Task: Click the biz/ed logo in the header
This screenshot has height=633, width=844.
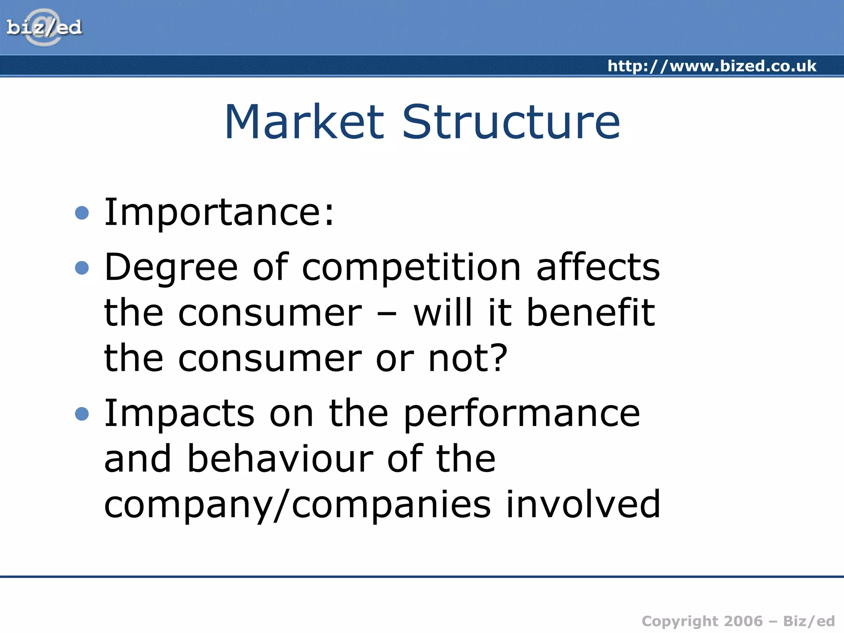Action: (44, 28)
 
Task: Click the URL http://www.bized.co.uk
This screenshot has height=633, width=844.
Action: (712, 66)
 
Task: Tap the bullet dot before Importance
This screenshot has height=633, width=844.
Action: (82, 213)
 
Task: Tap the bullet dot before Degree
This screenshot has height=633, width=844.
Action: (82, 268)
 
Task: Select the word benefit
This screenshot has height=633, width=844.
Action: (591, 312)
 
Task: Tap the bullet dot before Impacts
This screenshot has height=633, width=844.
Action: (82, 414)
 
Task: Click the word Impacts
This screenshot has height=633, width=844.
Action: (179, 414)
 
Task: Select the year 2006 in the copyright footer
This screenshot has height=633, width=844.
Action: (743, 621)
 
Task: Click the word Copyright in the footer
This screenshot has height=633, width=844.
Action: (680, 621)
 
